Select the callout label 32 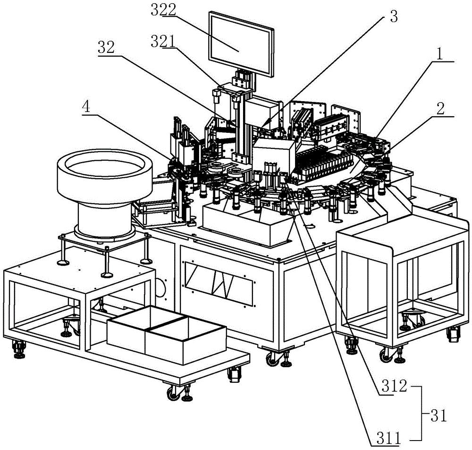pyautogui.click(x=106, y=47)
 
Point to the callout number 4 pyautogui.click(x=87, y=108)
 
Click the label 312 pyautogui.click(x=394, y=386)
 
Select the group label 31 pyautogui.click(x=438, y=417)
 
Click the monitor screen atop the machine pyautogui.click(x=241, y=44)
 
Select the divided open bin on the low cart pyautogui.click(x=167, y=330)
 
